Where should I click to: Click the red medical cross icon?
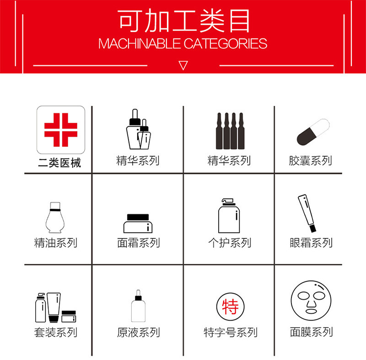point(61,130)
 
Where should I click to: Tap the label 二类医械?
point(59,163)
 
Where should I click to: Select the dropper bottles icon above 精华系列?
point(139,129)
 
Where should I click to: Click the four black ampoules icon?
point(230,131)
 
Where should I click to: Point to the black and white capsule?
point(313,132)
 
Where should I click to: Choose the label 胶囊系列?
point(310,161)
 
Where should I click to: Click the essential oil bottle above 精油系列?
point(55,217)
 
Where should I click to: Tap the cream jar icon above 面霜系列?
point(138,223)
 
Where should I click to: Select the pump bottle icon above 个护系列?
point(229,215)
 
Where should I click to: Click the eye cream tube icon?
point(307,213)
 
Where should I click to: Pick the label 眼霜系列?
point(311,242)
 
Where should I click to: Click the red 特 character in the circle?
point(231,306)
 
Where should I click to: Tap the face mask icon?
point(311,301)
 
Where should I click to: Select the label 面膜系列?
point(312,332)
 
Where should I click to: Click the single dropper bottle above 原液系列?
point(138,306)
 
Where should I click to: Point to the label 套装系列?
point(55,332)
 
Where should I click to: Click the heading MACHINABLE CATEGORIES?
point(183,43)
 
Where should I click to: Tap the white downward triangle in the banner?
point(183,65)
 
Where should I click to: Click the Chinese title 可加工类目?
point(183,21)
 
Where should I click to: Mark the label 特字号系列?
point(231,332)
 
